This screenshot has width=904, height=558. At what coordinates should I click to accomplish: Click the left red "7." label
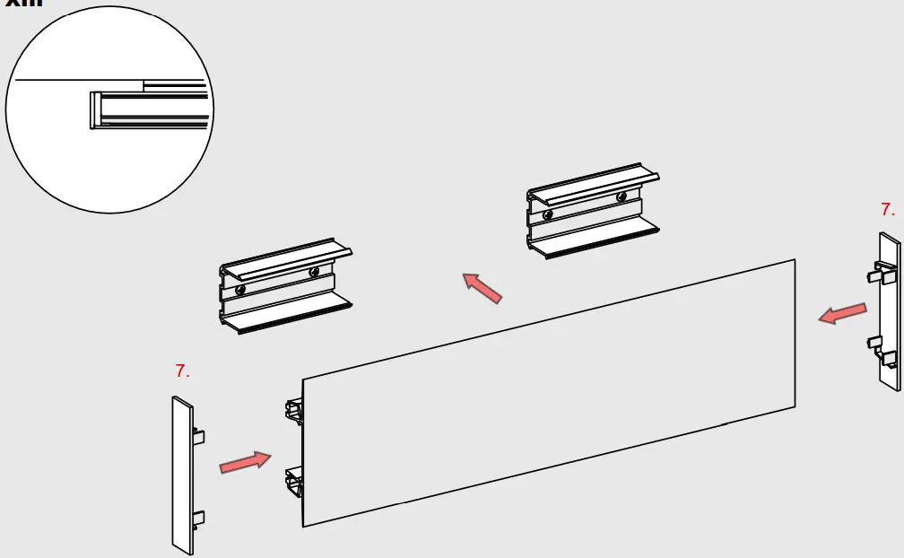(182, 371)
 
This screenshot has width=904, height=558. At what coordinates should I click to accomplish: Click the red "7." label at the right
(887, 210)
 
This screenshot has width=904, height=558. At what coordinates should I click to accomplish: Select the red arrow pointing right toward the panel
(245, 462)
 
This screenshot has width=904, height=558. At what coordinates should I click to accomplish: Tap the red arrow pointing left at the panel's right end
(843, 314)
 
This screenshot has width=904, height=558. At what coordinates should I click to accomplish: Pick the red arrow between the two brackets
(482, 288)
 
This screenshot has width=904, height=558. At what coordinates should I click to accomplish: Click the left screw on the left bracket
(240, 291)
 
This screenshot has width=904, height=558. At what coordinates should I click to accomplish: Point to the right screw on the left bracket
(314, 272)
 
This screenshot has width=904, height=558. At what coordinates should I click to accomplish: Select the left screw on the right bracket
(548, 214)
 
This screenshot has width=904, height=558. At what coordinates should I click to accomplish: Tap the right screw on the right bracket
(621, 196)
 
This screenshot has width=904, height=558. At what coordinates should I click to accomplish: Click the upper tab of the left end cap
(199, 437)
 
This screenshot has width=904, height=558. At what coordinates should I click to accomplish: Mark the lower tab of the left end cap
(199, 518)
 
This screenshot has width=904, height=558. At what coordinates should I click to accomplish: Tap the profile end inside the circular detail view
(95, 110)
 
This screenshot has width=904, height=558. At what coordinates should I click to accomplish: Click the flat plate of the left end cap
(181, 475)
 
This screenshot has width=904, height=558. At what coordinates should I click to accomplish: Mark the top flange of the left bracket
(285, 258)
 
